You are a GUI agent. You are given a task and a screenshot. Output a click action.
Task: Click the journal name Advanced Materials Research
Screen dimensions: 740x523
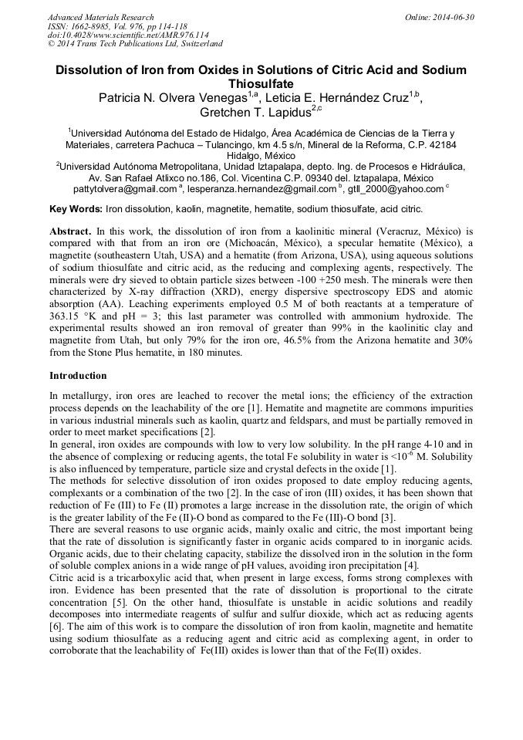click(x=100, y=17)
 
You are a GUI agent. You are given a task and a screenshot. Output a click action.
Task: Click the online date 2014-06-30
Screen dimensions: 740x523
click(x=452, y=17)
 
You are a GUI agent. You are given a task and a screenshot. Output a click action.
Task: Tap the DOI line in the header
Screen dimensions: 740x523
click(x=128, y=35)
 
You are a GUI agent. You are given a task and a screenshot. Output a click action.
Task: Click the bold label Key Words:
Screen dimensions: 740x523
click(x=76, y=209)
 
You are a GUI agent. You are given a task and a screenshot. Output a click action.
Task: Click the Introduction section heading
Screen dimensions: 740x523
click(x=78, y=376)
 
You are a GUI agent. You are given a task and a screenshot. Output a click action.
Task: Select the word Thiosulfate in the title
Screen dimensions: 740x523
click(x=261, y=84)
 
